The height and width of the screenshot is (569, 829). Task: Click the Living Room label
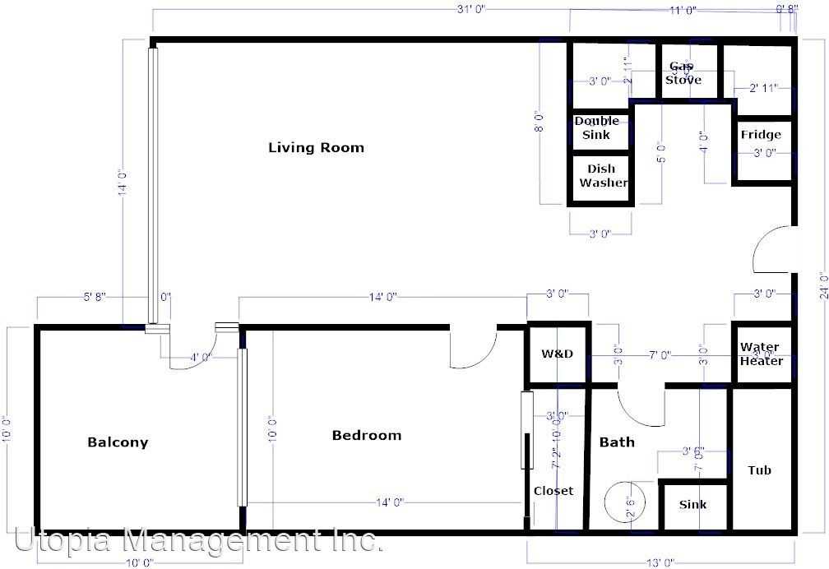[316, 148]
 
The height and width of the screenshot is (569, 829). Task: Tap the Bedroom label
[367, 435]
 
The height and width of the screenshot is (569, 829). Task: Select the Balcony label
[118, 442]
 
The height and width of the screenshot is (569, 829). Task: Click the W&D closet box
[558, 354]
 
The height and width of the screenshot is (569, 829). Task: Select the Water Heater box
[760, 354]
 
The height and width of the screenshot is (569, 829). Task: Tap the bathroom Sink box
[692, 505]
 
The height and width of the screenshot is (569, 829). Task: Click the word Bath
[617, 442]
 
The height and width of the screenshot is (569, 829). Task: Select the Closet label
[553, 491]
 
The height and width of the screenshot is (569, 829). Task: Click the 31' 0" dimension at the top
[471, 10]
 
